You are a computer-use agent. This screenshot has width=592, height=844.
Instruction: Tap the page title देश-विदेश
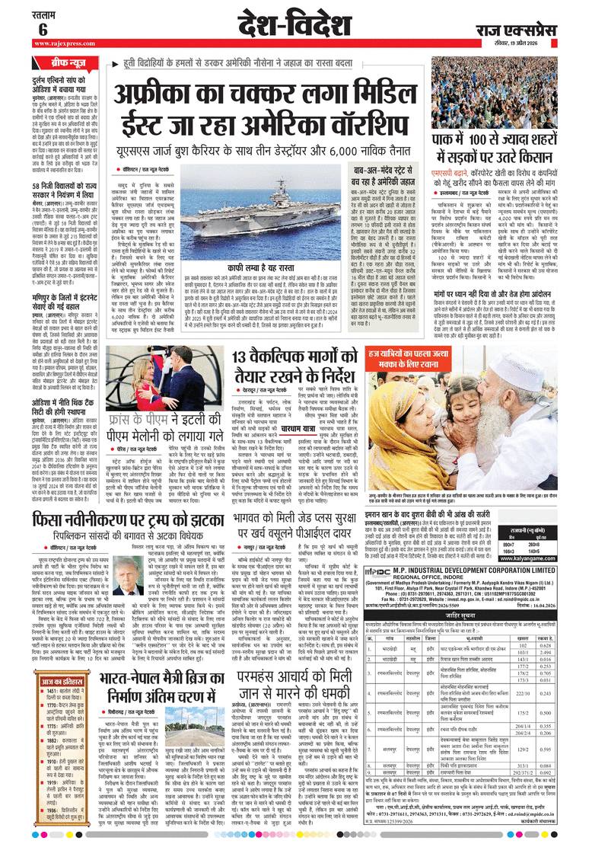tap(296, 24)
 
